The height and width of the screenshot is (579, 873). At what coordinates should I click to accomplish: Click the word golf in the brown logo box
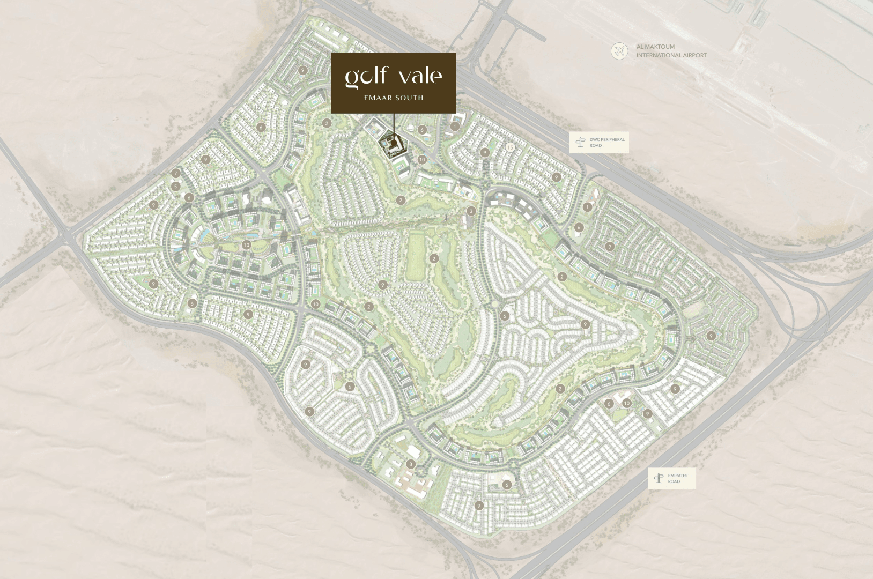tap(366, 77)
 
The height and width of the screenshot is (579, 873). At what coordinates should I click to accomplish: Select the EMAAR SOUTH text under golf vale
tap(394, 98)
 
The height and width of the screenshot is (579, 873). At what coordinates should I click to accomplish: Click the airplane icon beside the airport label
tap(619, 51)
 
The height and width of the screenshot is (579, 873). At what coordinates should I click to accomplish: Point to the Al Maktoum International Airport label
tap(671, 51)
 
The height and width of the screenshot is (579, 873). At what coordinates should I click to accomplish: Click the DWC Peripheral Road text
tap(606, 142)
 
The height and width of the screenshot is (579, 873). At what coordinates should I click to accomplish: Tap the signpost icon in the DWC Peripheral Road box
tap(580, 142)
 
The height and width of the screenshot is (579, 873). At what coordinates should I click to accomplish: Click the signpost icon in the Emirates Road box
tap(659, 478)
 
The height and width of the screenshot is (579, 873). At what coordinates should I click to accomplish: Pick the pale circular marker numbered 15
tap(510, 147)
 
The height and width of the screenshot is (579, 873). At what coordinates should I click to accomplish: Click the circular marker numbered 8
tap(411, 464)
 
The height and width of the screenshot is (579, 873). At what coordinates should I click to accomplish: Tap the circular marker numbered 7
tap(176, 173)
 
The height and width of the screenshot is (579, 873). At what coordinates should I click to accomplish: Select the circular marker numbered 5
tap(176, 187)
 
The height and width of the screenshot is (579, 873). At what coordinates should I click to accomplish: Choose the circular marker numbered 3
tap(471, 211)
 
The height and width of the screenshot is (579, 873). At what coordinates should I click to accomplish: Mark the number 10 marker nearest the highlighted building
tap(422, 159)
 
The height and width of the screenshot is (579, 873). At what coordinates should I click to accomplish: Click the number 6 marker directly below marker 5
tap(189, 198)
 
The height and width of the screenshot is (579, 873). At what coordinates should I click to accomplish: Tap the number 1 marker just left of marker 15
tap(455, 127)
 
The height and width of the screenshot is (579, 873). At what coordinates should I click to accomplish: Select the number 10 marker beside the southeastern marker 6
tap(626, 403)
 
